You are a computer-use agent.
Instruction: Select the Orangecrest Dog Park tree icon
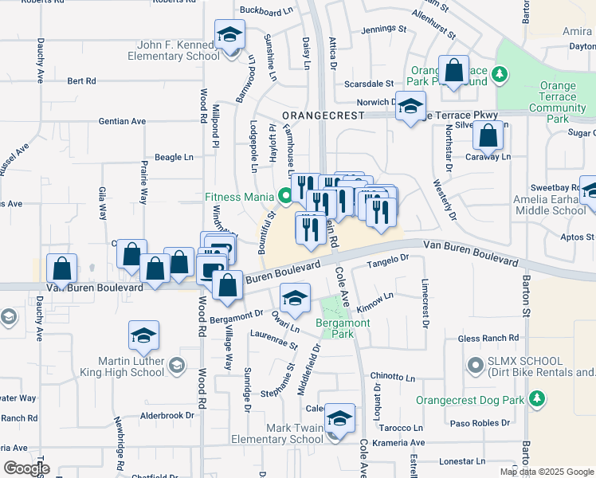pyautogui.click(x=538, y=397)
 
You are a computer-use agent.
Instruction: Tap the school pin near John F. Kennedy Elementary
pyautogui.click(x=229, y=36)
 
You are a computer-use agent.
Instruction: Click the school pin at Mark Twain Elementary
pyautogui.click(x=339, y=418)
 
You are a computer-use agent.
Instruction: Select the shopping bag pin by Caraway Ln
pyautogui.click(x=487, y=137)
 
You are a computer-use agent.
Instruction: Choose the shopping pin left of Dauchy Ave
pyautogui.click(x=61, y=269)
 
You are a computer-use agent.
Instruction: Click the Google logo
pyautogui.click(x=27, y=468)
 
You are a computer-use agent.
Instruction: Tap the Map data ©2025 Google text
pyautogui.click(x=547, y=472)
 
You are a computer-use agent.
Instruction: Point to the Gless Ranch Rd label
pyautogui.click(x=491, y=339)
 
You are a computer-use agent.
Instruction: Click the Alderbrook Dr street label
pyautogui.click(x=167, y=415)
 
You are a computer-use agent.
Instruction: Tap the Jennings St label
pyautogui.click(x=384, y=29)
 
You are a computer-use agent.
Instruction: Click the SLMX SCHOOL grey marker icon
pyautogui.click(x=476, y=366)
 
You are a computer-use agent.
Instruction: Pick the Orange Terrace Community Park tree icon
pyautogui.click(x=500, y=75)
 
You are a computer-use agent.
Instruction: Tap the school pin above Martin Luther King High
pyautogui.click(x=143, y=337)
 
